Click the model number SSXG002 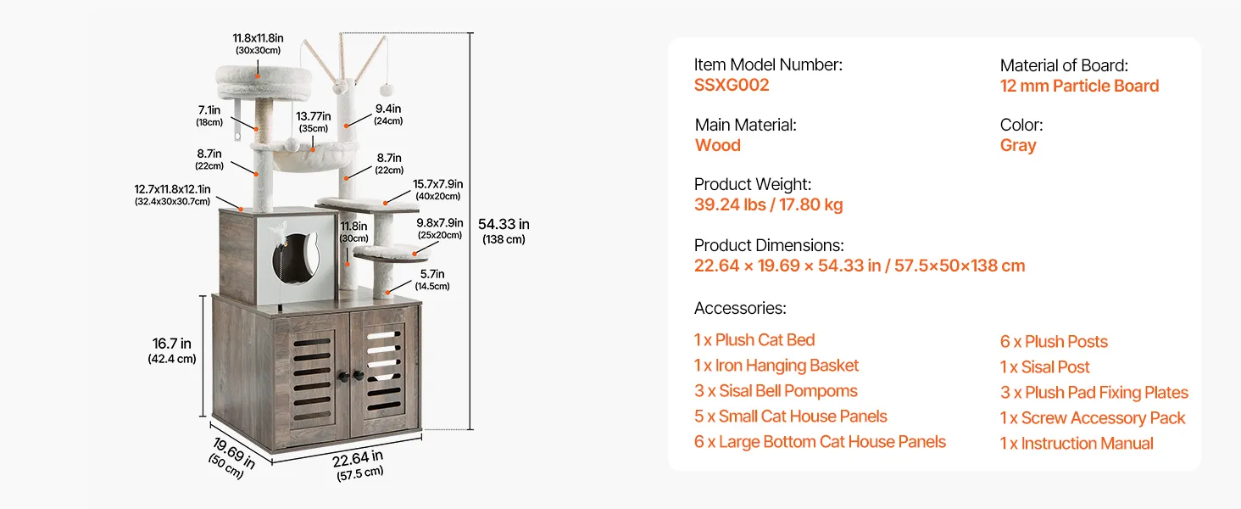(732, 86)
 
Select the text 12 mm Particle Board (1079, 86)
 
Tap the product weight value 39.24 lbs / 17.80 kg (769, 204)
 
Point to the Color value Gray (1018, 145)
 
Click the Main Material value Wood (717, 145)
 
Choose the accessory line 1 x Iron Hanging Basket (776, 366)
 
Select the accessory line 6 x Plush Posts (1054, 342)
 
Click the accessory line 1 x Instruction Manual (1077, 444)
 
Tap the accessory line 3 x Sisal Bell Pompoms (776, 391)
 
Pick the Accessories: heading (740, 308)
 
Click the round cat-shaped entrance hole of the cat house (297, 259)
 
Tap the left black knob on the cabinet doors (345, 377)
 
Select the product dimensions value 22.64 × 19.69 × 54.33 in (787, 266)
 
